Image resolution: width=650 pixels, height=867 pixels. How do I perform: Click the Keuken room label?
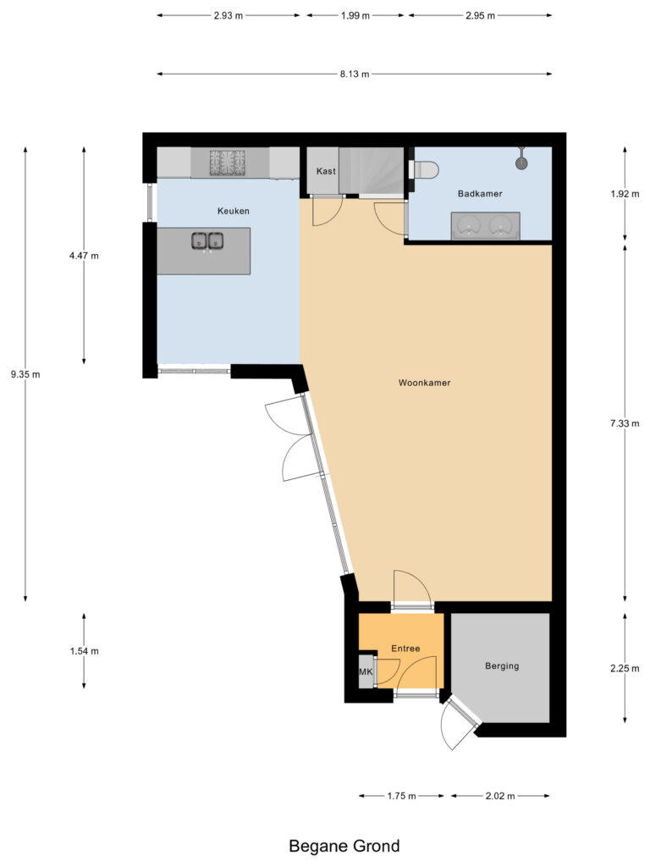pos(234,211)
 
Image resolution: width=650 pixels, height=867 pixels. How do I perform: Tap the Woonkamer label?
pos(424,383)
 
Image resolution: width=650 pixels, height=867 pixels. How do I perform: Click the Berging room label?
pos(501,665)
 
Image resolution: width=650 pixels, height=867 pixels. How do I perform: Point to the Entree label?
pos(405,649)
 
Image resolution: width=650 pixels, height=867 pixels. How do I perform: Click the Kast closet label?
pos(326,171)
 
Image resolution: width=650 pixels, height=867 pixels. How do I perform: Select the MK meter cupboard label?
pos(366,672)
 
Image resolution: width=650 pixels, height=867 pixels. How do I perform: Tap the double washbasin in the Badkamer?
pos(485,225)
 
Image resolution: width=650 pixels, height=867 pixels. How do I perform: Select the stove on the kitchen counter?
pos(228,161)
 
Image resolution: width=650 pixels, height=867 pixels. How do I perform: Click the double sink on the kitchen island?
pos(207,241)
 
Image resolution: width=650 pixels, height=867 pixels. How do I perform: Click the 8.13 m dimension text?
pos(355,75)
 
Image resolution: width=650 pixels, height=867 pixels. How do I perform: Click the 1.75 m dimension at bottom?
pos(401,796)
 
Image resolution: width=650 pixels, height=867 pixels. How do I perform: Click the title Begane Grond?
pos(344,845)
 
